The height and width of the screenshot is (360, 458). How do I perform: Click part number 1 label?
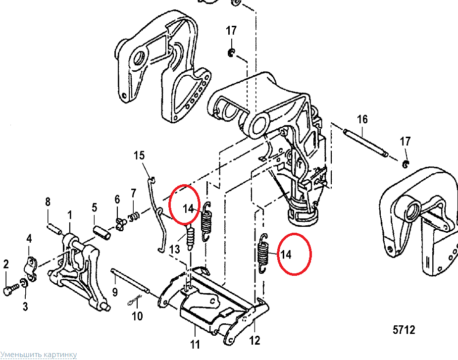pos(70,214)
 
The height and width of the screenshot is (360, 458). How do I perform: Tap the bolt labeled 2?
pos(9,291)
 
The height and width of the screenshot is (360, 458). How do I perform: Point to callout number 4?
pos(29,239)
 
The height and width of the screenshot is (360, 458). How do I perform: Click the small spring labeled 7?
pos(134,216)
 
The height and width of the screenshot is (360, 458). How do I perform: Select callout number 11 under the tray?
pos(196,344)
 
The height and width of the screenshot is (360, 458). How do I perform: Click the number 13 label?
pos(175,249)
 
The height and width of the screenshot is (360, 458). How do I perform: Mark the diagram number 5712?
pos(404,330)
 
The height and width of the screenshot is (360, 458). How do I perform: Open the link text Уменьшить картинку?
pos(39,355)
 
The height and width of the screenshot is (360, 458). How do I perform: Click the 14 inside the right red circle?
pos(286,255)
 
